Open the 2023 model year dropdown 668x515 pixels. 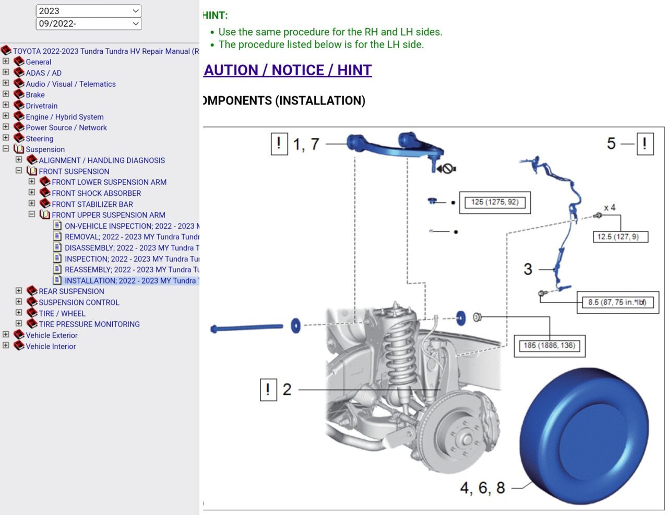(x=89, y=11)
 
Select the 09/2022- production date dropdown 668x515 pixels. (x=89, y=24)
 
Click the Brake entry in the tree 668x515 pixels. (x=35, y=95)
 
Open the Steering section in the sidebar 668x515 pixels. (x=39, y=138)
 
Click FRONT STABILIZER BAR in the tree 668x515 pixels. (x=92, y=204)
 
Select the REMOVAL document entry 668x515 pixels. (x=132, y=237)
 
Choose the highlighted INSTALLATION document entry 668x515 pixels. (x=132, y=280)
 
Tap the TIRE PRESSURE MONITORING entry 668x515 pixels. (x=89, y=324)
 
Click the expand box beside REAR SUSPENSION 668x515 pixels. (x=19, y=290)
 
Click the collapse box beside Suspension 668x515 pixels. (x=6, y=148)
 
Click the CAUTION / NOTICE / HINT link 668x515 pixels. (x=288, y=70)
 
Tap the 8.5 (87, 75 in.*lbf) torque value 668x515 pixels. (x=617, y=302)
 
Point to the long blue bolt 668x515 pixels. (x=246, y=328)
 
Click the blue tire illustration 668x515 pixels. (x=584, y=436)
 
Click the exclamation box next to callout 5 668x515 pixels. (x=645, y=144)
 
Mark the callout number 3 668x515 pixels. (x=528, y=269)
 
